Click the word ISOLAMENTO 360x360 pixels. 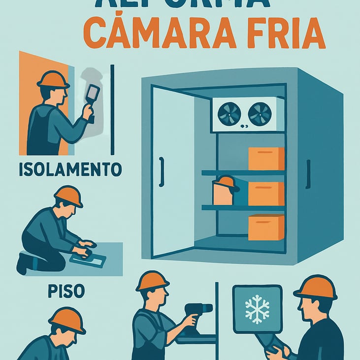pos(70,169)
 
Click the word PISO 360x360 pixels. pos(66,291)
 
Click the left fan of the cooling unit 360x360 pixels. pos(229,114)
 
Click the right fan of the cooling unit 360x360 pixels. pos(260,114)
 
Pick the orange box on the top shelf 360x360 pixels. pos(266,158)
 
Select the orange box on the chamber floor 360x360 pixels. pos(266,227)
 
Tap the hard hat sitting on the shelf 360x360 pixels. pos(226,183)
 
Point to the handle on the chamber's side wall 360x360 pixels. pos(308,174)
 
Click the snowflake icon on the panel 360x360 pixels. pos(257,309)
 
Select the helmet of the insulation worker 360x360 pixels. pos(53,79)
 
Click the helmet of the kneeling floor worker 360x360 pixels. pos(68,195)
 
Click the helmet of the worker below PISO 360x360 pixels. pos(67,319)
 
